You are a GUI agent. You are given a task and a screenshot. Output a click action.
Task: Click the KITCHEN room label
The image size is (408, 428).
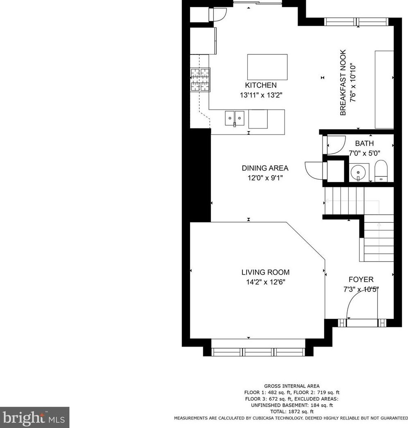pyautogui.click(x=261, y=85)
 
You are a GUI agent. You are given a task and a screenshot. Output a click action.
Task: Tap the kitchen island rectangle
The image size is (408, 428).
pyautogui.click(x=267, y=67)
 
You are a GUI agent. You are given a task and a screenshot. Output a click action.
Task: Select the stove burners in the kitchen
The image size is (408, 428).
pyautogui.click(x=200, y=79)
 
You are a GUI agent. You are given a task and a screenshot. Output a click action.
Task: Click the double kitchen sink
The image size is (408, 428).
pyautogui.click(x=235, y=118)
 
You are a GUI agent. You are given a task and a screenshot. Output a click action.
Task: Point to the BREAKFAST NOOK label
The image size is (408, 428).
pyautogui.click(x=343, y=82)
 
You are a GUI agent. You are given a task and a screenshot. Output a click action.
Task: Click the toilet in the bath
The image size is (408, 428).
pyautogui.click(x=381, y=171)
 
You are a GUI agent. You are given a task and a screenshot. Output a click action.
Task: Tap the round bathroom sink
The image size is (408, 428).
pyautogui.click(x=357, y=172)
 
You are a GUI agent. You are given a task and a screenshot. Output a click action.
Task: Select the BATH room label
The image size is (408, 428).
pyautogui.click(x=364, y=143)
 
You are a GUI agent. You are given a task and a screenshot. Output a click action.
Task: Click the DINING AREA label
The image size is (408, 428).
pyautogui.click(x=265, y=168)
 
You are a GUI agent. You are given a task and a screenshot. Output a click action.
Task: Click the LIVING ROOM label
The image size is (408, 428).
pyautogui.click(x=265, y=272)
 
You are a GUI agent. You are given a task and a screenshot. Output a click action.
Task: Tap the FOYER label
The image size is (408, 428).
pyautogui.click(x=361, y=279)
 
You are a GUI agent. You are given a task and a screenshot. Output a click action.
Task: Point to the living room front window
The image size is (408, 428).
pyautogui.click(x=258, y=352)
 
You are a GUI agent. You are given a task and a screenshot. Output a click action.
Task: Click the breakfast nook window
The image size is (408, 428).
pyautogui.click(x=356, y=22)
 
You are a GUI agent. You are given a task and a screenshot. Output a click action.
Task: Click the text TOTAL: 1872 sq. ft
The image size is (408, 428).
pyautogui.click(x=292, y=412)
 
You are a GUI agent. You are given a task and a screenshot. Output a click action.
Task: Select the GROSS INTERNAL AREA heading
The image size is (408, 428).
pyautogui.click(x=292, y=386)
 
